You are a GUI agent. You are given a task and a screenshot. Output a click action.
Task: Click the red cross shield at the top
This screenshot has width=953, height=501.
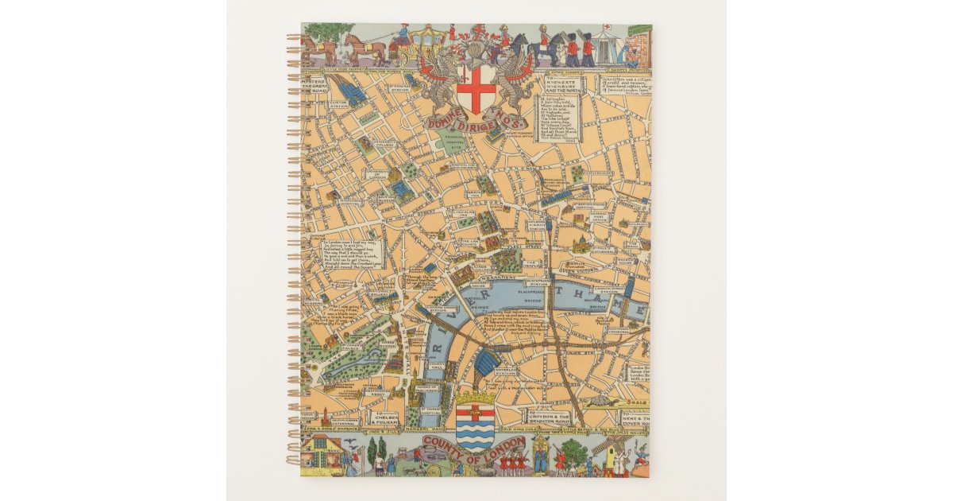click(476, 90)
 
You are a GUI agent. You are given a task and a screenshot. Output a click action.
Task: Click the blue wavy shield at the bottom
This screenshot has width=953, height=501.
click(476, 425)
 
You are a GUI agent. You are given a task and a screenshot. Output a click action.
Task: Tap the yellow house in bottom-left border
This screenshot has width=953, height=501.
click(326, 456)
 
